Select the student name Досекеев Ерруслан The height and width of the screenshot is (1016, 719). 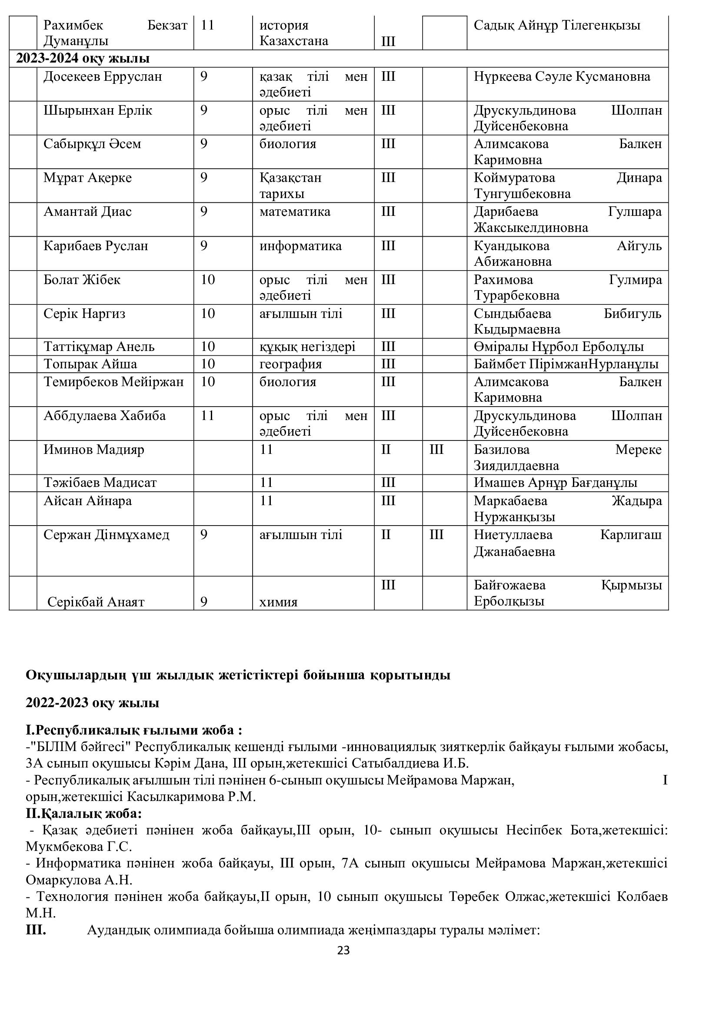pyautogui.click(x=103, y=77)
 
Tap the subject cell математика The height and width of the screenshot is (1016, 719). pyautogui.click(x=295, y=212)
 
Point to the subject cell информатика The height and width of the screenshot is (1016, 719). pyautogui.click(x=301, y=245)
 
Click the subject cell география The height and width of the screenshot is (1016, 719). pyautogui.click(x=290, y=364)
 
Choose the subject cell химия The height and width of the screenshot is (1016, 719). pyautogui.click(x=279, y=602)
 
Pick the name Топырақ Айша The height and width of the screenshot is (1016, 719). pyautogui.click(x=90, y=364)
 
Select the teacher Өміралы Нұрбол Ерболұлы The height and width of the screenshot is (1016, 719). pyautogui.click(x=559, y=347)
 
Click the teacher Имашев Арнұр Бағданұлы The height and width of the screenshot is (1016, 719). pyautogui.click(x=556, y=483)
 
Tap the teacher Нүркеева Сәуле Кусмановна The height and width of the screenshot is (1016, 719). pyautogui.click(x=562, y=77)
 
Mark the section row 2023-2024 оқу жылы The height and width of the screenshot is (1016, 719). pyautogui.click(x=83, y=58)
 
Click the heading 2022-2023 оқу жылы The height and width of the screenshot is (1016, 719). pyautogui.click(x=92, y=703)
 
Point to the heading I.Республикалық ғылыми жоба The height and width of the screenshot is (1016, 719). pyautogui.click(x=134, y=730)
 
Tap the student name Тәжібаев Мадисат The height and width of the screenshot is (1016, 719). pyautogui.click(x=100, y=483)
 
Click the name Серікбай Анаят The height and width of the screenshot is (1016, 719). pyautogui.click(x=96, y=602)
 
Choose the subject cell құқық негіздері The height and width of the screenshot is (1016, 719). pyautogui.click(x=307, y=347)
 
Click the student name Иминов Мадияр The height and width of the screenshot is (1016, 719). pyautogui.click(x=94, y=450)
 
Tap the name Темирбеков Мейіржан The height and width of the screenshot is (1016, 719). pyautogui.click(x=113, y=382)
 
